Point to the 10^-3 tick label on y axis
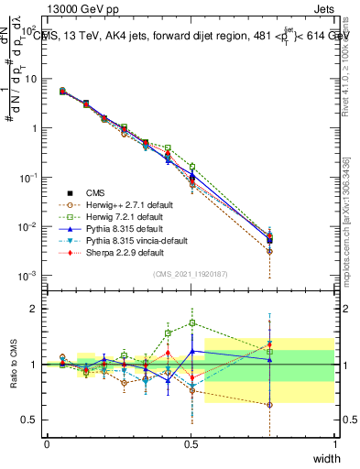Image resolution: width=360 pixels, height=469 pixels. pyautogui.click(x=27, y=276)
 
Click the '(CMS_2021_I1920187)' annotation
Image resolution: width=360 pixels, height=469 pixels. pyautogui.click(x=191, y=273)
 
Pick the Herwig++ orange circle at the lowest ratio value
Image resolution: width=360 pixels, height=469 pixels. pyautogui.click(x=269, y=404)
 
